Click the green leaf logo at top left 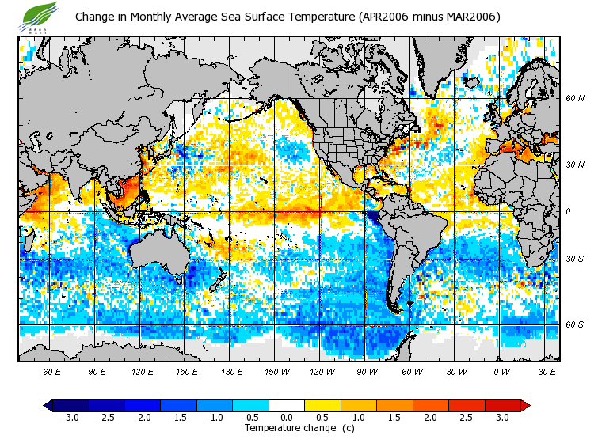pos(40,14)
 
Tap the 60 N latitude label pos(574,98)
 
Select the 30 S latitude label pos(574,259)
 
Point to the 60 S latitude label pos(574,324)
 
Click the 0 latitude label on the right pos(568,212)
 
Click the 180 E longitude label pos(231,370)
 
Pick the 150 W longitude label pos(276,370)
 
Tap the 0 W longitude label pos(501,370)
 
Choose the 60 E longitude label pos(51,370)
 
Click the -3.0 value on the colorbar pos(70,417)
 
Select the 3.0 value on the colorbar pos(502,417)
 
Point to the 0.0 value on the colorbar pos(286,417)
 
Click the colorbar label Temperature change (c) pos(299,428)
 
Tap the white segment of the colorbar pos(286,405)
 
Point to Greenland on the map pos(440,63)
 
